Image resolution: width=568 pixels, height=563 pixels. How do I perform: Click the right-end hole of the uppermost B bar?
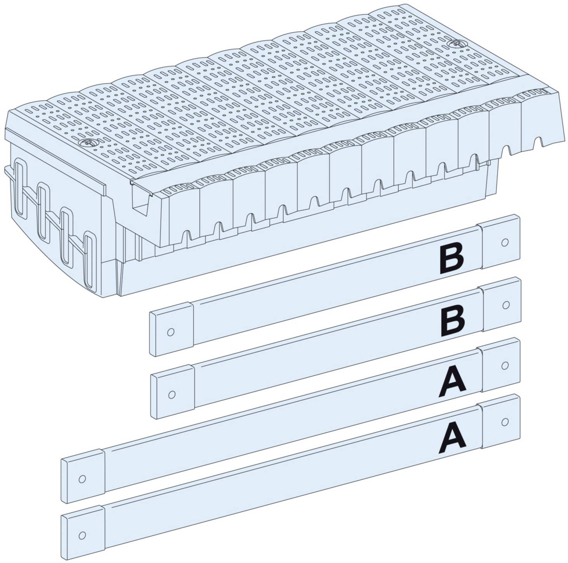coord(505,242)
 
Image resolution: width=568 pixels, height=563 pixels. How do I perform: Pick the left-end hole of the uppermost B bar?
coord(170,332)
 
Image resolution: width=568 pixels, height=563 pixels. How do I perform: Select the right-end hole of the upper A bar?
coord(505,365)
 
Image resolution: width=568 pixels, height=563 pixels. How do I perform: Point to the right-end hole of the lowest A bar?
coord(505,421)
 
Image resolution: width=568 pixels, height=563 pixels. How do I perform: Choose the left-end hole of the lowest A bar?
coord(82,535)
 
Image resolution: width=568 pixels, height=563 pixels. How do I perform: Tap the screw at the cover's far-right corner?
coord(453,44)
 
